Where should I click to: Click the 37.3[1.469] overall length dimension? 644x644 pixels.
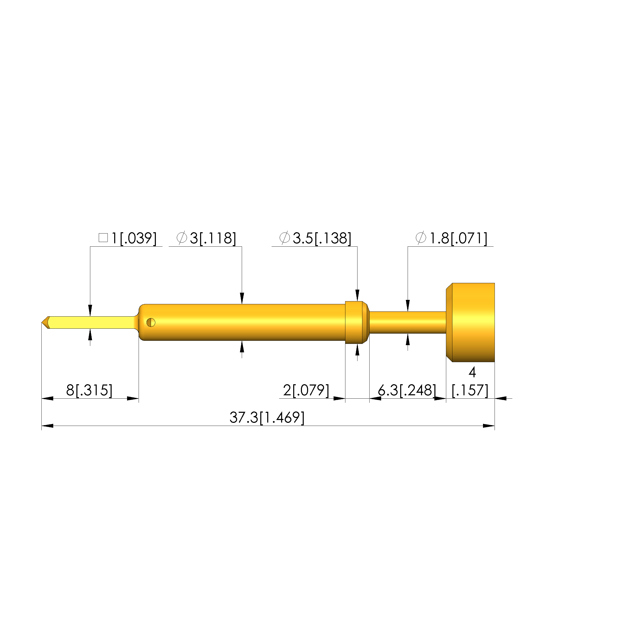tap(267, 417)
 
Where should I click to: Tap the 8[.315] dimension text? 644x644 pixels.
tap(89, 390)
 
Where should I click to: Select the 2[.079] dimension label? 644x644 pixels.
tap(306, 390)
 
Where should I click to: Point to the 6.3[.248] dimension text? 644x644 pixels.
tap(407, 390)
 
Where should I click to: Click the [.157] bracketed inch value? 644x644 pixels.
tap(470, 390)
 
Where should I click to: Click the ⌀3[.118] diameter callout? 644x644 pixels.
tap(206, 238)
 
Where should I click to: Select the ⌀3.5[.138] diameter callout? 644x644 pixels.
tap(315, 238)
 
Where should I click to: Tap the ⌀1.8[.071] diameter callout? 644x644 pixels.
tap(451, 238)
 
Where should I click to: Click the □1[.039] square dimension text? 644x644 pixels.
tap(128, 238)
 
